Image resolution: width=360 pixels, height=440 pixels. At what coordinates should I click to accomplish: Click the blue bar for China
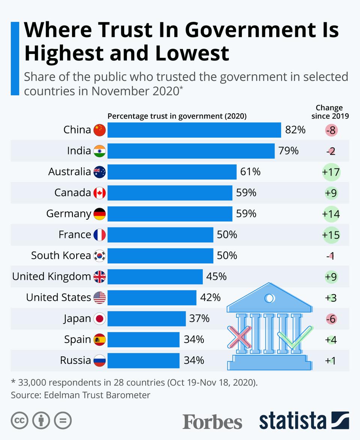pyautogui.click(x=194, y=130)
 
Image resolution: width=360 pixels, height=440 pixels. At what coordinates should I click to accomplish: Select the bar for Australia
pyautogui.click(x=172, y=172)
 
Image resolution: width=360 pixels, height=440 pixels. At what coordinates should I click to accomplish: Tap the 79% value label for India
pyautogui.click(x=288, y=151)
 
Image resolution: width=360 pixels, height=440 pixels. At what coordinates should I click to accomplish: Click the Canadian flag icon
pyautogui.click(x=99, y=193)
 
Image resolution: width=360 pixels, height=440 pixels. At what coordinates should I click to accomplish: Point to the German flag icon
pyautogui.click(x=99, y=214)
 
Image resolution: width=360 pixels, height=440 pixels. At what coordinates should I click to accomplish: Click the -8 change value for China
pyautogui.click(x=331, y=131)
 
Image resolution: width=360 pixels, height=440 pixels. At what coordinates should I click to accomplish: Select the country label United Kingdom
pyautogui.click(x=51, y=277)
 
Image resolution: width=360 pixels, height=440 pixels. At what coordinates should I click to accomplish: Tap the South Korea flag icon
pyautogui.click(x=99, y=256)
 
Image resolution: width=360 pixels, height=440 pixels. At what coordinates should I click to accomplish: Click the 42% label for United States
pyautogui.click(x=210, y=298)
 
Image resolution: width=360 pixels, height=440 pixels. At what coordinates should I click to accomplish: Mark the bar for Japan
pyautogui.click(x=146, y=319)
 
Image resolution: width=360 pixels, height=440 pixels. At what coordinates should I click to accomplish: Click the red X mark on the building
pyautogui.click(x=239, y=336)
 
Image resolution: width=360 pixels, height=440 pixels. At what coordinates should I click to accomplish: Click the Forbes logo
pyautogui.click(x=212, y=422)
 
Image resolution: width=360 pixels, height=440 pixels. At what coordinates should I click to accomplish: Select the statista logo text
pyautogui.click(x=292, y=421)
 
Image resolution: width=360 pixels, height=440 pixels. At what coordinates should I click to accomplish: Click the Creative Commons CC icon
pyautogui.click(x=20, y=421)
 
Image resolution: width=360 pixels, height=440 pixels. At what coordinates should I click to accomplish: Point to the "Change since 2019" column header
pyautogui.click(x=330, y=112)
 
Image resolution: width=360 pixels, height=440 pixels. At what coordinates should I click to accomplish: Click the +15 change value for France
pyautogui.click(x=331, y=235)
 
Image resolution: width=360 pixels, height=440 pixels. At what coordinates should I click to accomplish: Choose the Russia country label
pyautogui.click(x=75, y=361)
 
